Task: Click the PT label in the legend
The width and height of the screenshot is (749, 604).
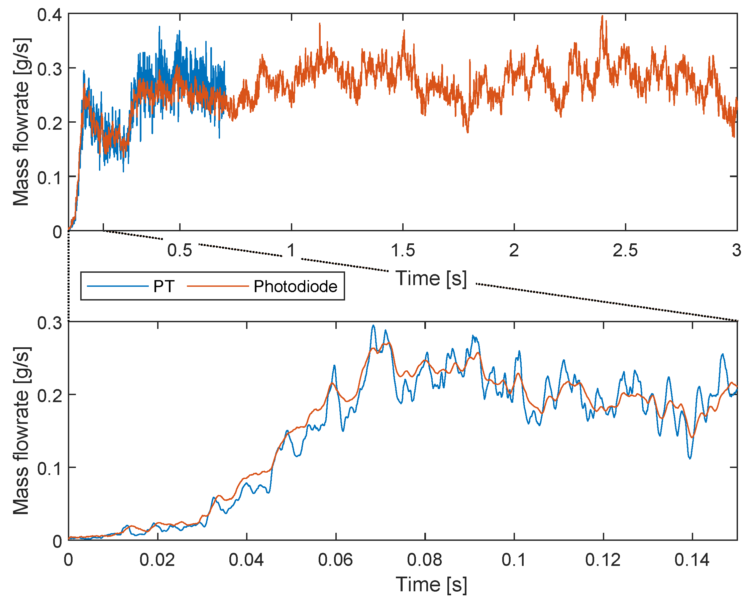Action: coord(164,287)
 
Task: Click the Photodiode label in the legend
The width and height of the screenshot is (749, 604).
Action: coord(295,287)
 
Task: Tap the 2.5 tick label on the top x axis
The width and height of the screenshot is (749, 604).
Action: coord(625,250)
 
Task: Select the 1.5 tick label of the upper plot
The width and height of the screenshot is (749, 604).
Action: coord(403,250)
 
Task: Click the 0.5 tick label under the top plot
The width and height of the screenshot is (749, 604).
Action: coord(180,250)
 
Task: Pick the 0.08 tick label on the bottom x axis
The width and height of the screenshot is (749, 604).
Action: coord(425,560)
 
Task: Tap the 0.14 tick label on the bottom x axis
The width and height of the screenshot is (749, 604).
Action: coord(692,560)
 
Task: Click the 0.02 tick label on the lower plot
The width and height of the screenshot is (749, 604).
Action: coord(157,560)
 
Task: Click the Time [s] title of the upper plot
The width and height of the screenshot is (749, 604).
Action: coord(431,278)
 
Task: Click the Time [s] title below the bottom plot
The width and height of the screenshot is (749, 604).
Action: coord(431,585)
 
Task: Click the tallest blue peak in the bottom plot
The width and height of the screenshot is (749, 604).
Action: coord(373,326)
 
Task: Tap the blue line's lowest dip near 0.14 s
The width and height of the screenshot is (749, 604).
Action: coord(690,458)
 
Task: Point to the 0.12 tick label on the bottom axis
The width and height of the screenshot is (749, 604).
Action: coord(603,560)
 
